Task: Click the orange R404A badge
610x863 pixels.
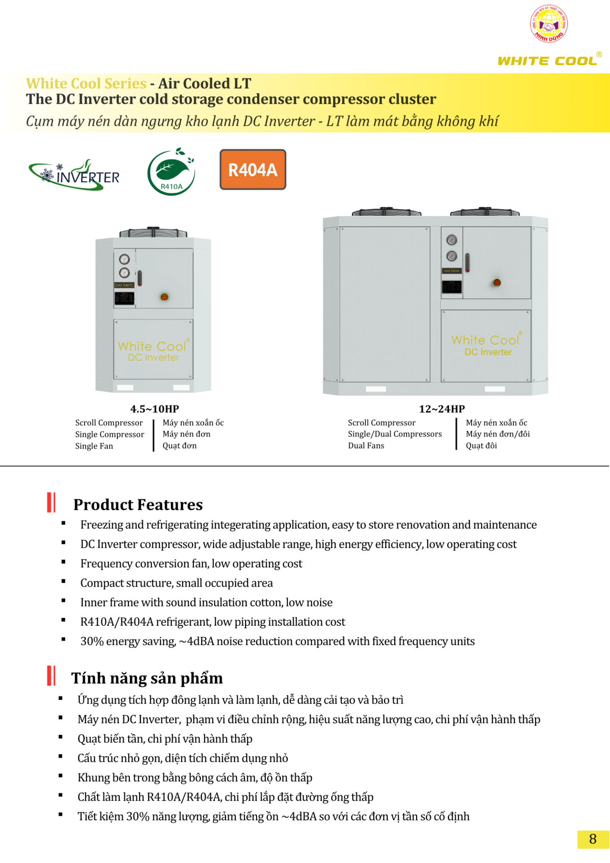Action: click(x=253, y=170)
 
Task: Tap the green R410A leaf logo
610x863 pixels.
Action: click(x=171, y=172)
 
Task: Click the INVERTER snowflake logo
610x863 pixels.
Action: click(x=75, y=175)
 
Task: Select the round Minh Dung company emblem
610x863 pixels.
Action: click(x=548, y=24)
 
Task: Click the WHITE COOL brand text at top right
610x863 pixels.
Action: click(x=548, y=61)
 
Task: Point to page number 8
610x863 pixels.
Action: click(x=592, y=839)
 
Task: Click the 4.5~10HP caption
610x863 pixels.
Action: click(x=154, y=409)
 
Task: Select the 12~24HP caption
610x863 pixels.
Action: click(x=441, y=409)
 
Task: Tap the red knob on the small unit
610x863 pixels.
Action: click(x=165, y=297)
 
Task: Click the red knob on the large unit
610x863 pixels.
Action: click(x=497, y=282)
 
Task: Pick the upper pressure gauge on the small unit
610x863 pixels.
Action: click(x=124, y=259)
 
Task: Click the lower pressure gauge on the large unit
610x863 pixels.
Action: click(x=451, y=256)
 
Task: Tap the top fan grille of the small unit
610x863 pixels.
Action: click(x=153, y=232)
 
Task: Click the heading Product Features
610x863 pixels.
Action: click(x=138, y=504)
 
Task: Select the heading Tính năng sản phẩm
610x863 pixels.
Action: click(x=147, y=678)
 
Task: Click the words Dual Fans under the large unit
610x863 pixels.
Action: click(x=366, y=445)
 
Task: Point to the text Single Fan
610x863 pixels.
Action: click(x=94, y=446)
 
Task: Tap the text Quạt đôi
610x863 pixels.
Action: click(x=481, y=445)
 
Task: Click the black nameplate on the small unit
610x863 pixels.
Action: click(x=124, y=298)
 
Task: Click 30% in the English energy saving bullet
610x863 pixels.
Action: click(x=92, y=641)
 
